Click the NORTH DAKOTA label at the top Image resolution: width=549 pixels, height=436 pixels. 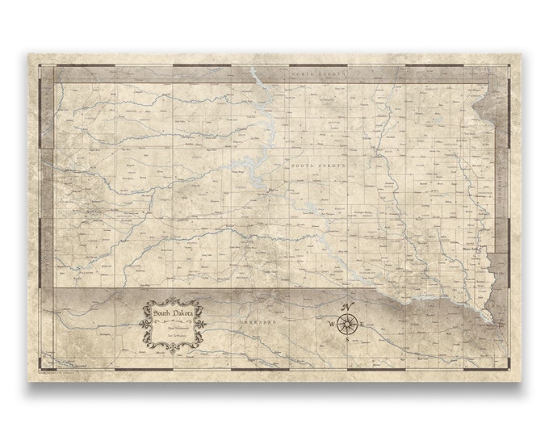click(317, 73)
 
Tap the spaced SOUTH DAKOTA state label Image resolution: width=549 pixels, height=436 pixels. click(318, 164)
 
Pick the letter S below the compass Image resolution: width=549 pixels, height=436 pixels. click(348, 341)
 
